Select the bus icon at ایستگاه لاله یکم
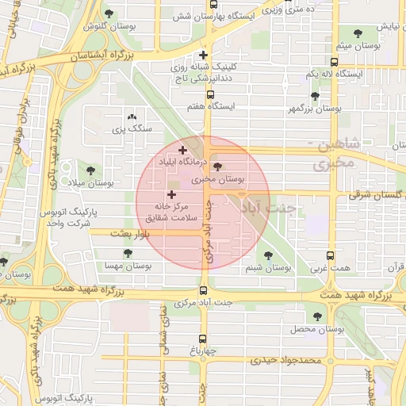point(334,62)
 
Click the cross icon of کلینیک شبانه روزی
point(204,56)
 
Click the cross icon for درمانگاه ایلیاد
point(182,150)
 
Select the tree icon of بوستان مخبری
point(218,167)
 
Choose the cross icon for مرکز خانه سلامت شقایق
point(171,194)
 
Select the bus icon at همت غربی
point(330,256)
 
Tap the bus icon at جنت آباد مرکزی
point(203,291)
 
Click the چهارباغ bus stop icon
point(201,335)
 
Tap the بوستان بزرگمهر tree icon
point(315,97)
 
